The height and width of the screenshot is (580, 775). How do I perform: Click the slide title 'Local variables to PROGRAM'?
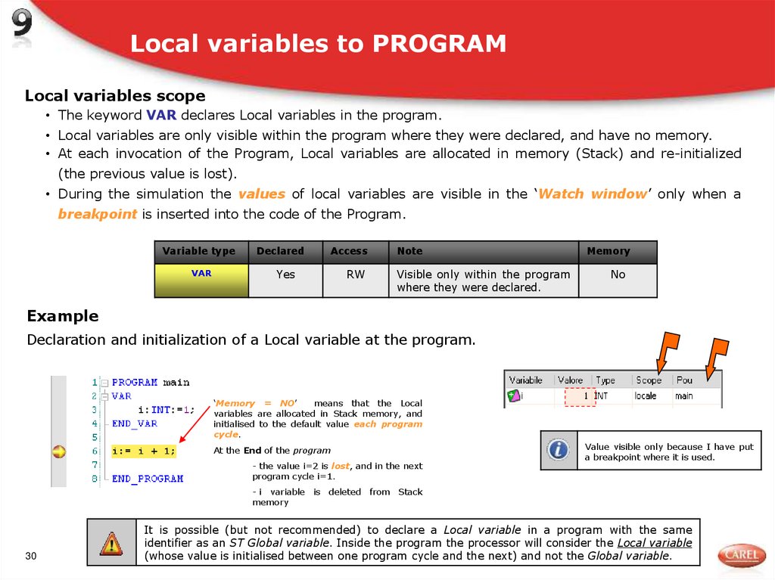click(318, 44)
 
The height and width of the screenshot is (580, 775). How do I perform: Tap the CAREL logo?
click(741, 555)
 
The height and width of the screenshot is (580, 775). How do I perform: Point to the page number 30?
click(31, 557)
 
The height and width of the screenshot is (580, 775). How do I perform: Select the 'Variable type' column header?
click(199, 251)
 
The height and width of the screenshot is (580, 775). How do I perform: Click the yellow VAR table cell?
click(201, 279)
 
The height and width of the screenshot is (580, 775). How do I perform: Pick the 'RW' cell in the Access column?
click(356, 274)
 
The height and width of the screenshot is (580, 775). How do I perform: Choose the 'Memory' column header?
click(608, 251)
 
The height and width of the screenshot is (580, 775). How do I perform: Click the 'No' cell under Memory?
click(618, 274)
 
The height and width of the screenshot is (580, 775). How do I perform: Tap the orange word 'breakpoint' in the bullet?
click(98, 214)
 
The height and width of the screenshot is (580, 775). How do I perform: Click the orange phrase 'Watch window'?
click(592, 194)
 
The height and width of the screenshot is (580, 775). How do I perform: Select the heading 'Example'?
click(63, 315)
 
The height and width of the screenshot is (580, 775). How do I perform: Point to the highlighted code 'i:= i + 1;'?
click(144, 451)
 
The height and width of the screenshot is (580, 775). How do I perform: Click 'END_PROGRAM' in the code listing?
click(148, 479)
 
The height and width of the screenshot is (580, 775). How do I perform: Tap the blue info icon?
click(559, 450)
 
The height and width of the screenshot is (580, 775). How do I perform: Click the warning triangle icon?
click(110, 542)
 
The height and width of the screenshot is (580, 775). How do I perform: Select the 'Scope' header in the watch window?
click(649, 380)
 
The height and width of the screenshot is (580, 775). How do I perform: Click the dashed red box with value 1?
click(580, 395)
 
